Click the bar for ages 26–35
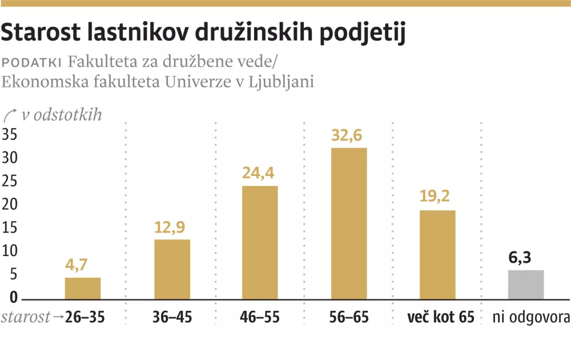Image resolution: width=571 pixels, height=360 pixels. pos(83,289)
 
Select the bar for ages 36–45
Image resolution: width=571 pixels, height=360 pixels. pos(172,269)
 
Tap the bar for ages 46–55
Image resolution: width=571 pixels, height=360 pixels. pos(260,242)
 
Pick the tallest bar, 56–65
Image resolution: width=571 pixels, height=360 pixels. pos(349,223)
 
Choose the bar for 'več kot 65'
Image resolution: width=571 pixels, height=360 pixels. pos(437,255)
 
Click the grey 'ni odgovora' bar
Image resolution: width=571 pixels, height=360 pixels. pos(526,285)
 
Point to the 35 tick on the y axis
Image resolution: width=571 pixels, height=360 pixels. pos(10,135)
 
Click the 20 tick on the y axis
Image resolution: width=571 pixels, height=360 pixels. pos(10,205)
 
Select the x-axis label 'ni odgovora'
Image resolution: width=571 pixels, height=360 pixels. pos(531,317)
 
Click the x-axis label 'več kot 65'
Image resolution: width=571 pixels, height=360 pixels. pos(441,317)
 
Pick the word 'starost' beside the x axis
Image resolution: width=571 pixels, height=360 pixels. pos(25,317)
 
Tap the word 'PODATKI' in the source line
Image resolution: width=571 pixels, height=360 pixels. pos(32,62)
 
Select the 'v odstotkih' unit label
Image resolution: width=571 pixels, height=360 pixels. pos(61,115)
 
